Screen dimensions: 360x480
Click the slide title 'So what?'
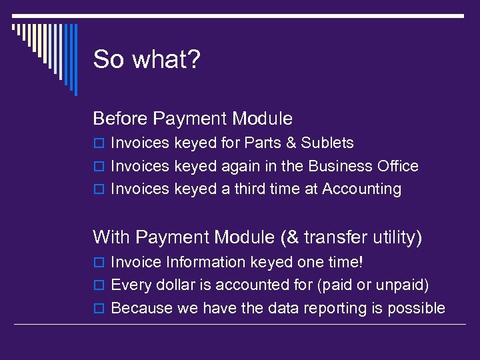[x=146, y=60]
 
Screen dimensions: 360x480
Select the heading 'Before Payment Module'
[x=193, y=119]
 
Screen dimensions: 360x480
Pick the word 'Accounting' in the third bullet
[x=361, y=189]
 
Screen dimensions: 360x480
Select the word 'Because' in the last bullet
[x=138, y=308]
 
